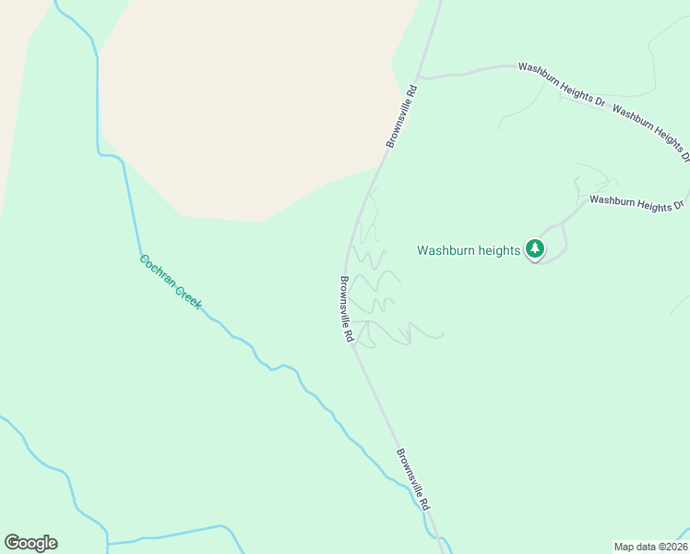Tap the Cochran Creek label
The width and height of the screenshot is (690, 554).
(x=171, y=282)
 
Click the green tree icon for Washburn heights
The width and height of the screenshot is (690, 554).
(x=535, y=248)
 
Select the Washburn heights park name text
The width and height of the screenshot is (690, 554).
(x=469, y=250)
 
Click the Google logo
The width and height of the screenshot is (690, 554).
(x=30, y=543)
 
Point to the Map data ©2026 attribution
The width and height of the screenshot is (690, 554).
(x=650, y=547)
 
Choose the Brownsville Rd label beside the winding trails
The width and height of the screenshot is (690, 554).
(x=346, y=310)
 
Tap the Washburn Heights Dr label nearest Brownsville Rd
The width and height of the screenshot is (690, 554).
(x=561, y=84)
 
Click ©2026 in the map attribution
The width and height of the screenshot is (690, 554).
(x=671, y=547)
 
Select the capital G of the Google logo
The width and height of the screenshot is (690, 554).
(x=12, y=543)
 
